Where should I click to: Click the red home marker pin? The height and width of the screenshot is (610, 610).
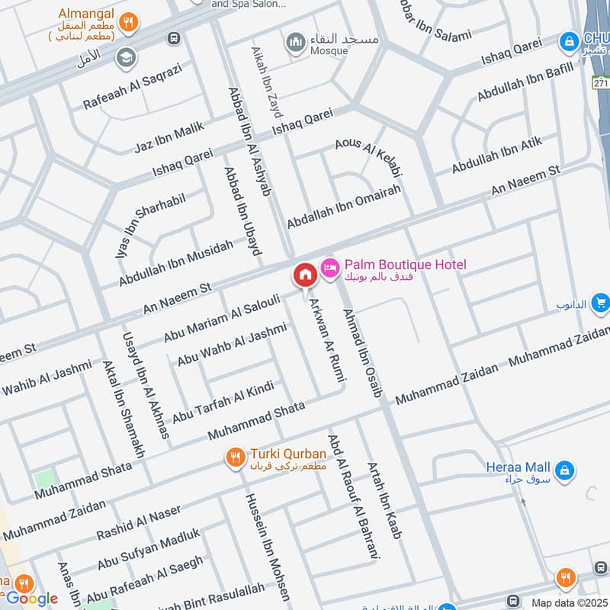pos(305,275)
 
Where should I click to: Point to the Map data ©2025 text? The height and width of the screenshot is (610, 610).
pos(569,602)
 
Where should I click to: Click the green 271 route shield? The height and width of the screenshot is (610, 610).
pos(601,81)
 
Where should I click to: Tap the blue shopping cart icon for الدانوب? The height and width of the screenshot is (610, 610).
pos(600,303)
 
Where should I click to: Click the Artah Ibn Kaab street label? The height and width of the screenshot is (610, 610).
pos(384,499)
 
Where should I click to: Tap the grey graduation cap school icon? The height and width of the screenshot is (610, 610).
pos(125,57)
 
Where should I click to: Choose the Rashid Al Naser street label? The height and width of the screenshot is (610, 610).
pos(139,522)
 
